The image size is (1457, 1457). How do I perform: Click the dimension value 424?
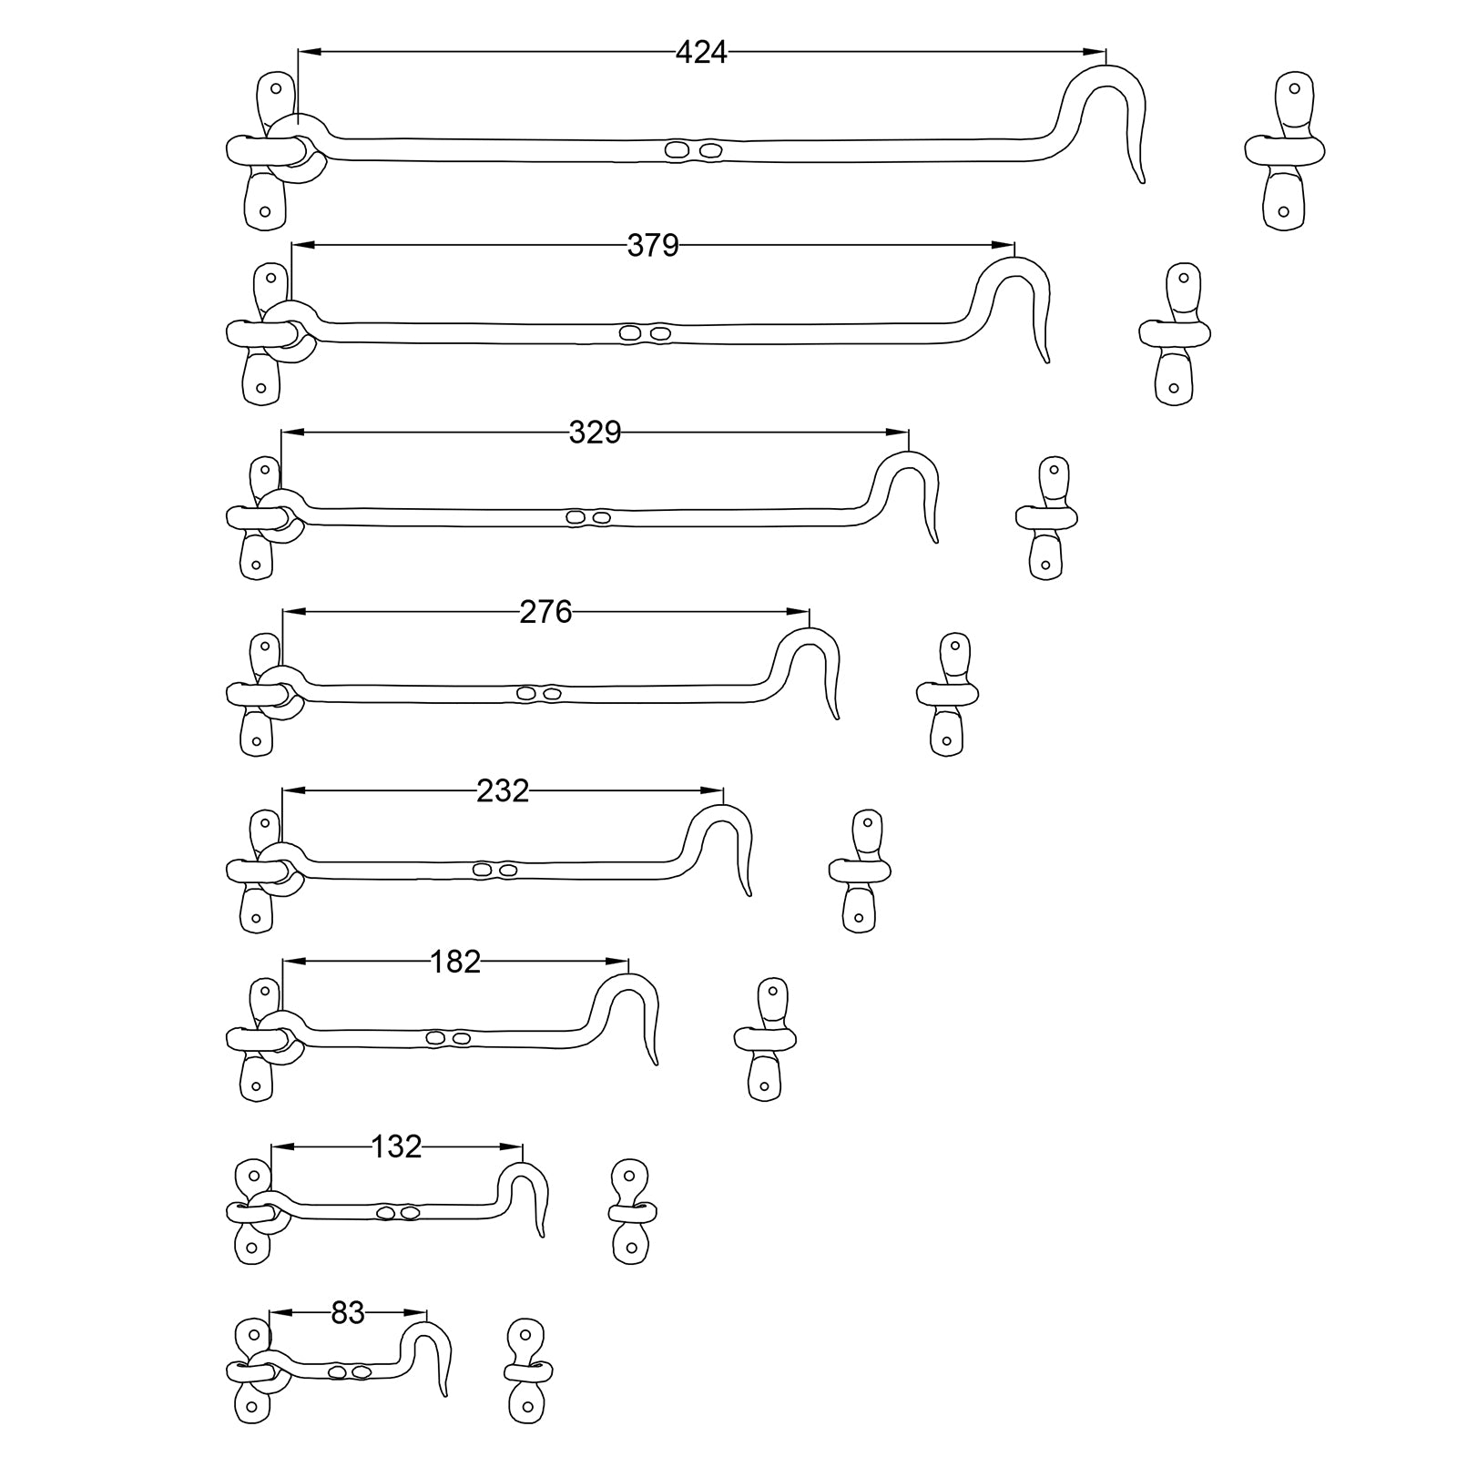[701, 54]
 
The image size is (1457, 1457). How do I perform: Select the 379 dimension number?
[653, 246]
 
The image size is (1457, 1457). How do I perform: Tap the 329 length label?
[595, 433]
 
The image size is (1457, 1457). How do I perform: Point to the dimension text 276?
[545, 612]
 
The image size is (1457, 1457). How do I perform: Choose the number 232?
[503, 790]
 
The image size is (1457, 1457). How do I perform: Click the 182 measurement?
[454, 962]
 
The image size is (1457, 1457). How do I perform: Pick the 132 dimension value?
[396, 1146]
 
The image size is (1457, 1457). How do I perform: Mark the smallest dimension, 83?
[348, 1313]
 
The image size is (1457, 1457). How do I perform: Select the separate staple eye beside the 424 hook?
[1285, 150]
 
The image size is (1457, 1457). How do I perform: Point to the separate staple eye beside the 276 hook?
[947, 694]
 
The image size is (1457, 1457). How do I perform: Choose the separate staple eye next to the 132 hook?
[632, 1211]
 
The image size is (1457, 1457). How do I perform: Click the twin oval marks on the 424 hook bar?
[693, 150]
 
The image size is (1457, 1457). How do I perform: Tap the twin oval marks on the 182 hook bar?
[448, 1038]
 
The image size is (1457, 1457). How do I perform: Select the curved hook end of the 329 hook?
[915, 492]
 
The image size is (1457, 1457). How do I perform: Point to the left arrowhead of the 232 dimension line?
[290, 790]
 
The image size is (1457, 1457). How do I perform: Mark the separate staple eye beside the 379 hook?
[1176, 333]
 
